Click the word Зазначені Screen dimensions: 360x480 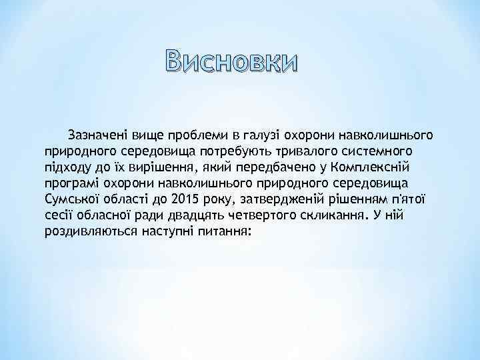tap(97, 136)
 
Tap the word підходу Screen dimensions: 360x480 tap(66, 168)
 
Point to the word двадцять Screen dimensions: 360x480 tap(213, 216)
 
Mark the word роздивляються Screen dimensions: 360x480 tap(89, 232)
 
